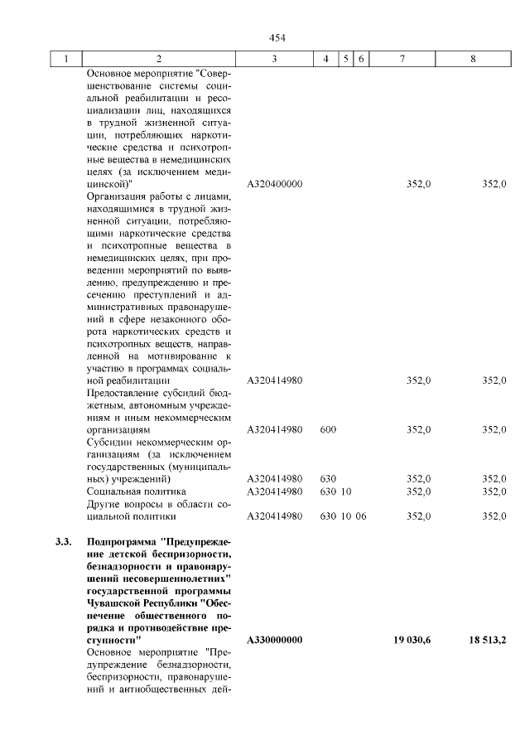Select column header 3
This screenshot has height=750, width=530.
point(274,59)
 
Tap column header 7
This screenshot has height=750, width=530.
point(402,59)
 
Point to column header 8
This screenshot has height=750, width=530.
point(473,59)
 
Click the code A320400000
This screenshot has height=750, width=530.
point(274,183)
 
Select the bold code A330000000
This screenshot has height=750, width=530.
point(274,641)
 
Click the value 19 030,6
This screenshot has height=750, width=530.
point(412,641)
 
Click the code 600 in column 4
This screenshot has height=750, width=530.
point(327,429)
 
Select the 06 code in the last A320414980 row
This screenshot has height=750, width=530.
point(361,516)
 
